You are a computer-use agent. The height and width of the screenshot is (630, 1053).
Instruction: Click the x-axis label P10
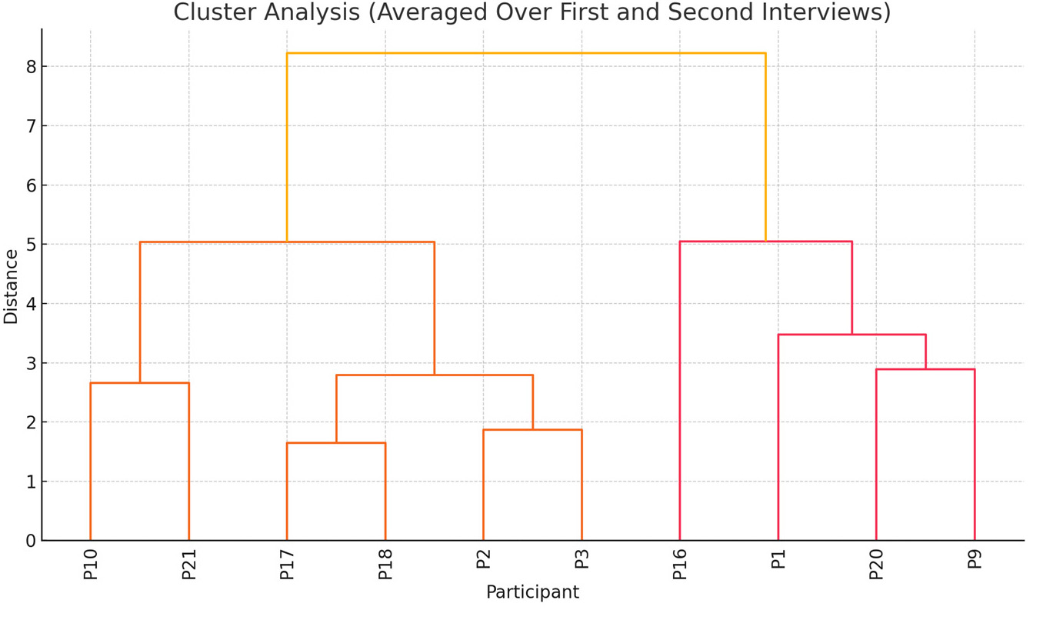click(x=91, y=563)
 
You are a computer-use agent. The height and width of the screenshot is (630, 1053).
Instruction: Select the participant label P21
click(x=189, y=563)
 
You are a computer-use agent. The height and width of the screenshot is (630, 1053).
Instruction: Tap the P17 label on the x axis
click(x=287, y=563)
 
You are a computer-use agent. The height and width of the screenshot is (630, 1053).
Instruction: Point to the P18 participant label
click(x=385, y=563)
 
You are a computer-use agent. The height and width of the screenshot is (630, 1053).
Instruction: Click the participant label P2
click(x=484, y=558)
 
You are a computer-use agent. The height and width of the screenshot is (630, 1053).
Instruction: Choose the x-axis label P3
click(x=582, y=558)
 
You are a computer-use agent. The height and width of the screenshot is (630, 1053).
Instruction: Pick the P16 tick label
click(x=680, y=563)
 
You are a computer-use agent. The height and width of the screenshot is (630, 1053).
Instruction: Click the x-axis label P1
click(x=778, y=558)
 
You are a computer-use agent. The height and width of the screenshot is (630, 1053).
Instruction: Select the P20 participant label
click(x=876, y=563)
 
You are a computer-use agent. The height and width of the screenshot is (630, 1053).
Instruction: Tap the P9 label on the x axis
click(x=975, y=558)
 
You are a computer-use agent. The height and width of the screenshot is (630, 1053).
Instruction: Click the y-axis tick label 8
click(x=31, y=67)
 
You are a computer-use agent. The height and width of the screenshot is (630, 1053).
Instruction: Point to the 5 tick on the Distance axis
click(x=31, y=245)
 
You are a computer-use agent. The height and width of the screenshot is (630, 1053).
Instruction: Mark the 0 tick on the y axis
click(x=31, y=541)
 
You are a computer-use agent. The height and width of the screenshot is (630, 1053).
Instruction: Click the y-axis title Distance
click(x=11, y=286)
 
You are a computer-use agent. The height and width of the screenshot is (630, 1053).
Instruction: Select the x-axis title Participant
click(x=532, y=592)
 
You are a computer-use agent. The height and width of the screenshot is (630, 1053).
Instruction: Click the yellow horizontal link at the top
click(x=526, y=53)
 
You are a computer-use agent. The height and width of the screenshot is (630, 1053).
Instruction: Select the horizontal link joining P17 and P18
click(x=336, y=443)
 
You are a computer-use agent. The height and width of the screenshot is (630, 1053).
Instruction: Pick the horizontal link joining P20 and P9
click(x=925, y=369)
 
